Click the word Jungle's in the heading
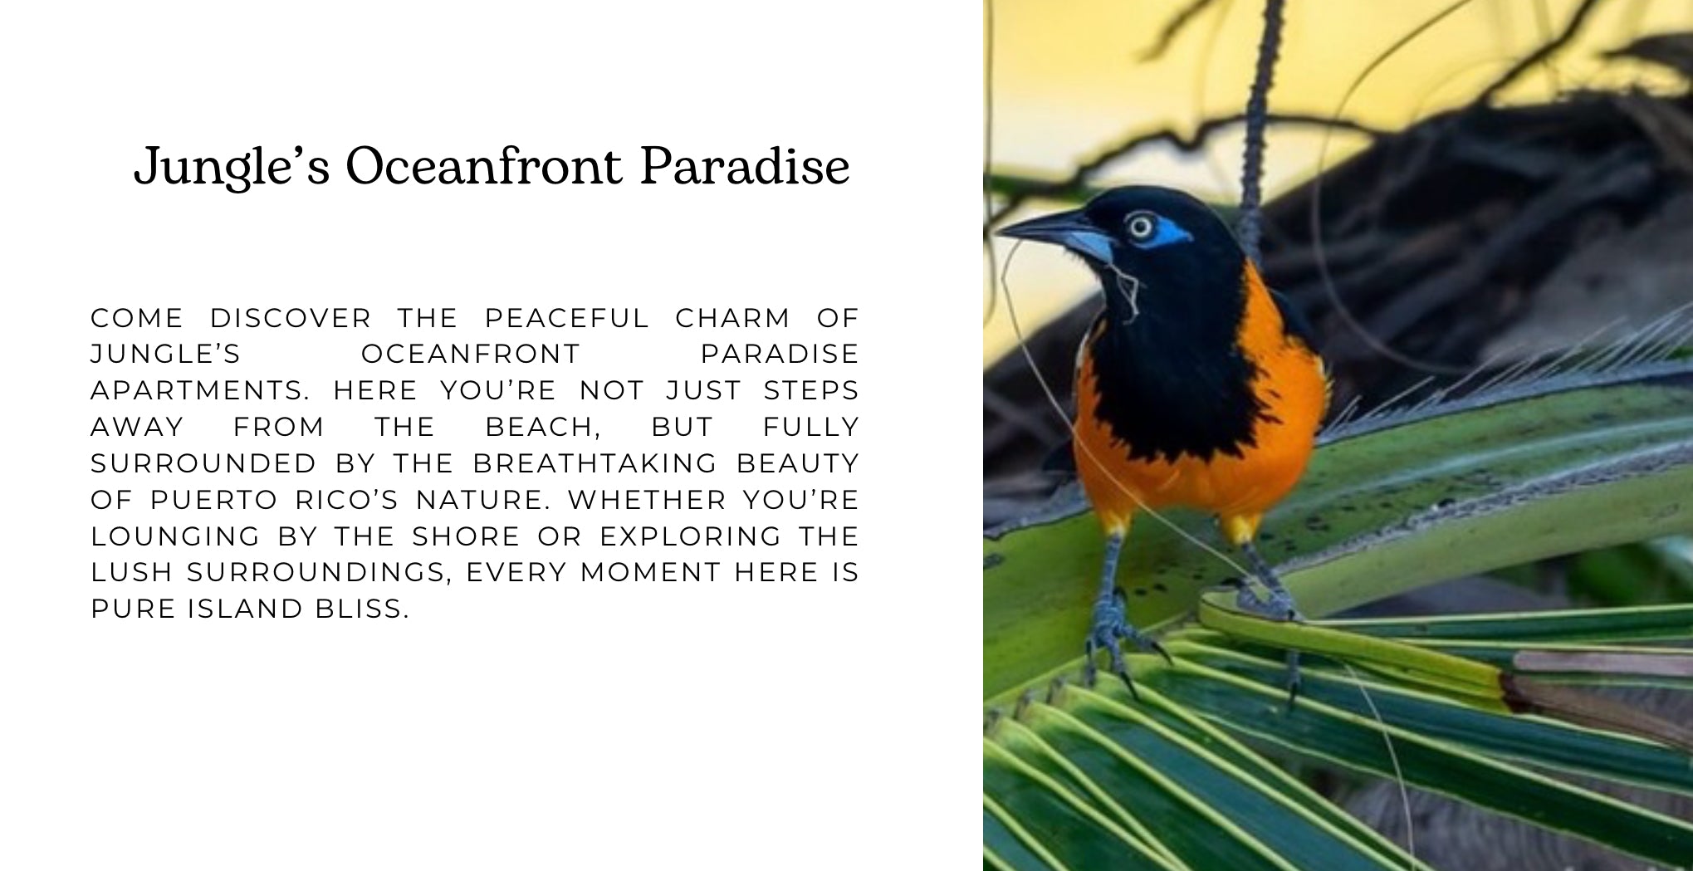pyautogui.click(x=232, y=167)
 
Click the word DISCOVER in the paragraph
pyautogui.click(x=291, y=318)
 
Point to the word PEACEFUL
pyautogui.click(x=567, y=318)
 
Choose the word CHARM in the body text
pyautogui.click(x=733, y=318)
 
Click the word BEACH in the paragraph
pyautogui.click(x=543, y=427)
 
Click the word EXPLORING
pyautogui.click(x=691, y=536)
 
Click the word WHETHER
pyautogui.click(x=648, y=500)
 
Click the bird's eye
pyautogui.click(x=1140, y=226)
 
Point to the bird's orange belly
pyautogui.click(x=1179, y=482)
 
